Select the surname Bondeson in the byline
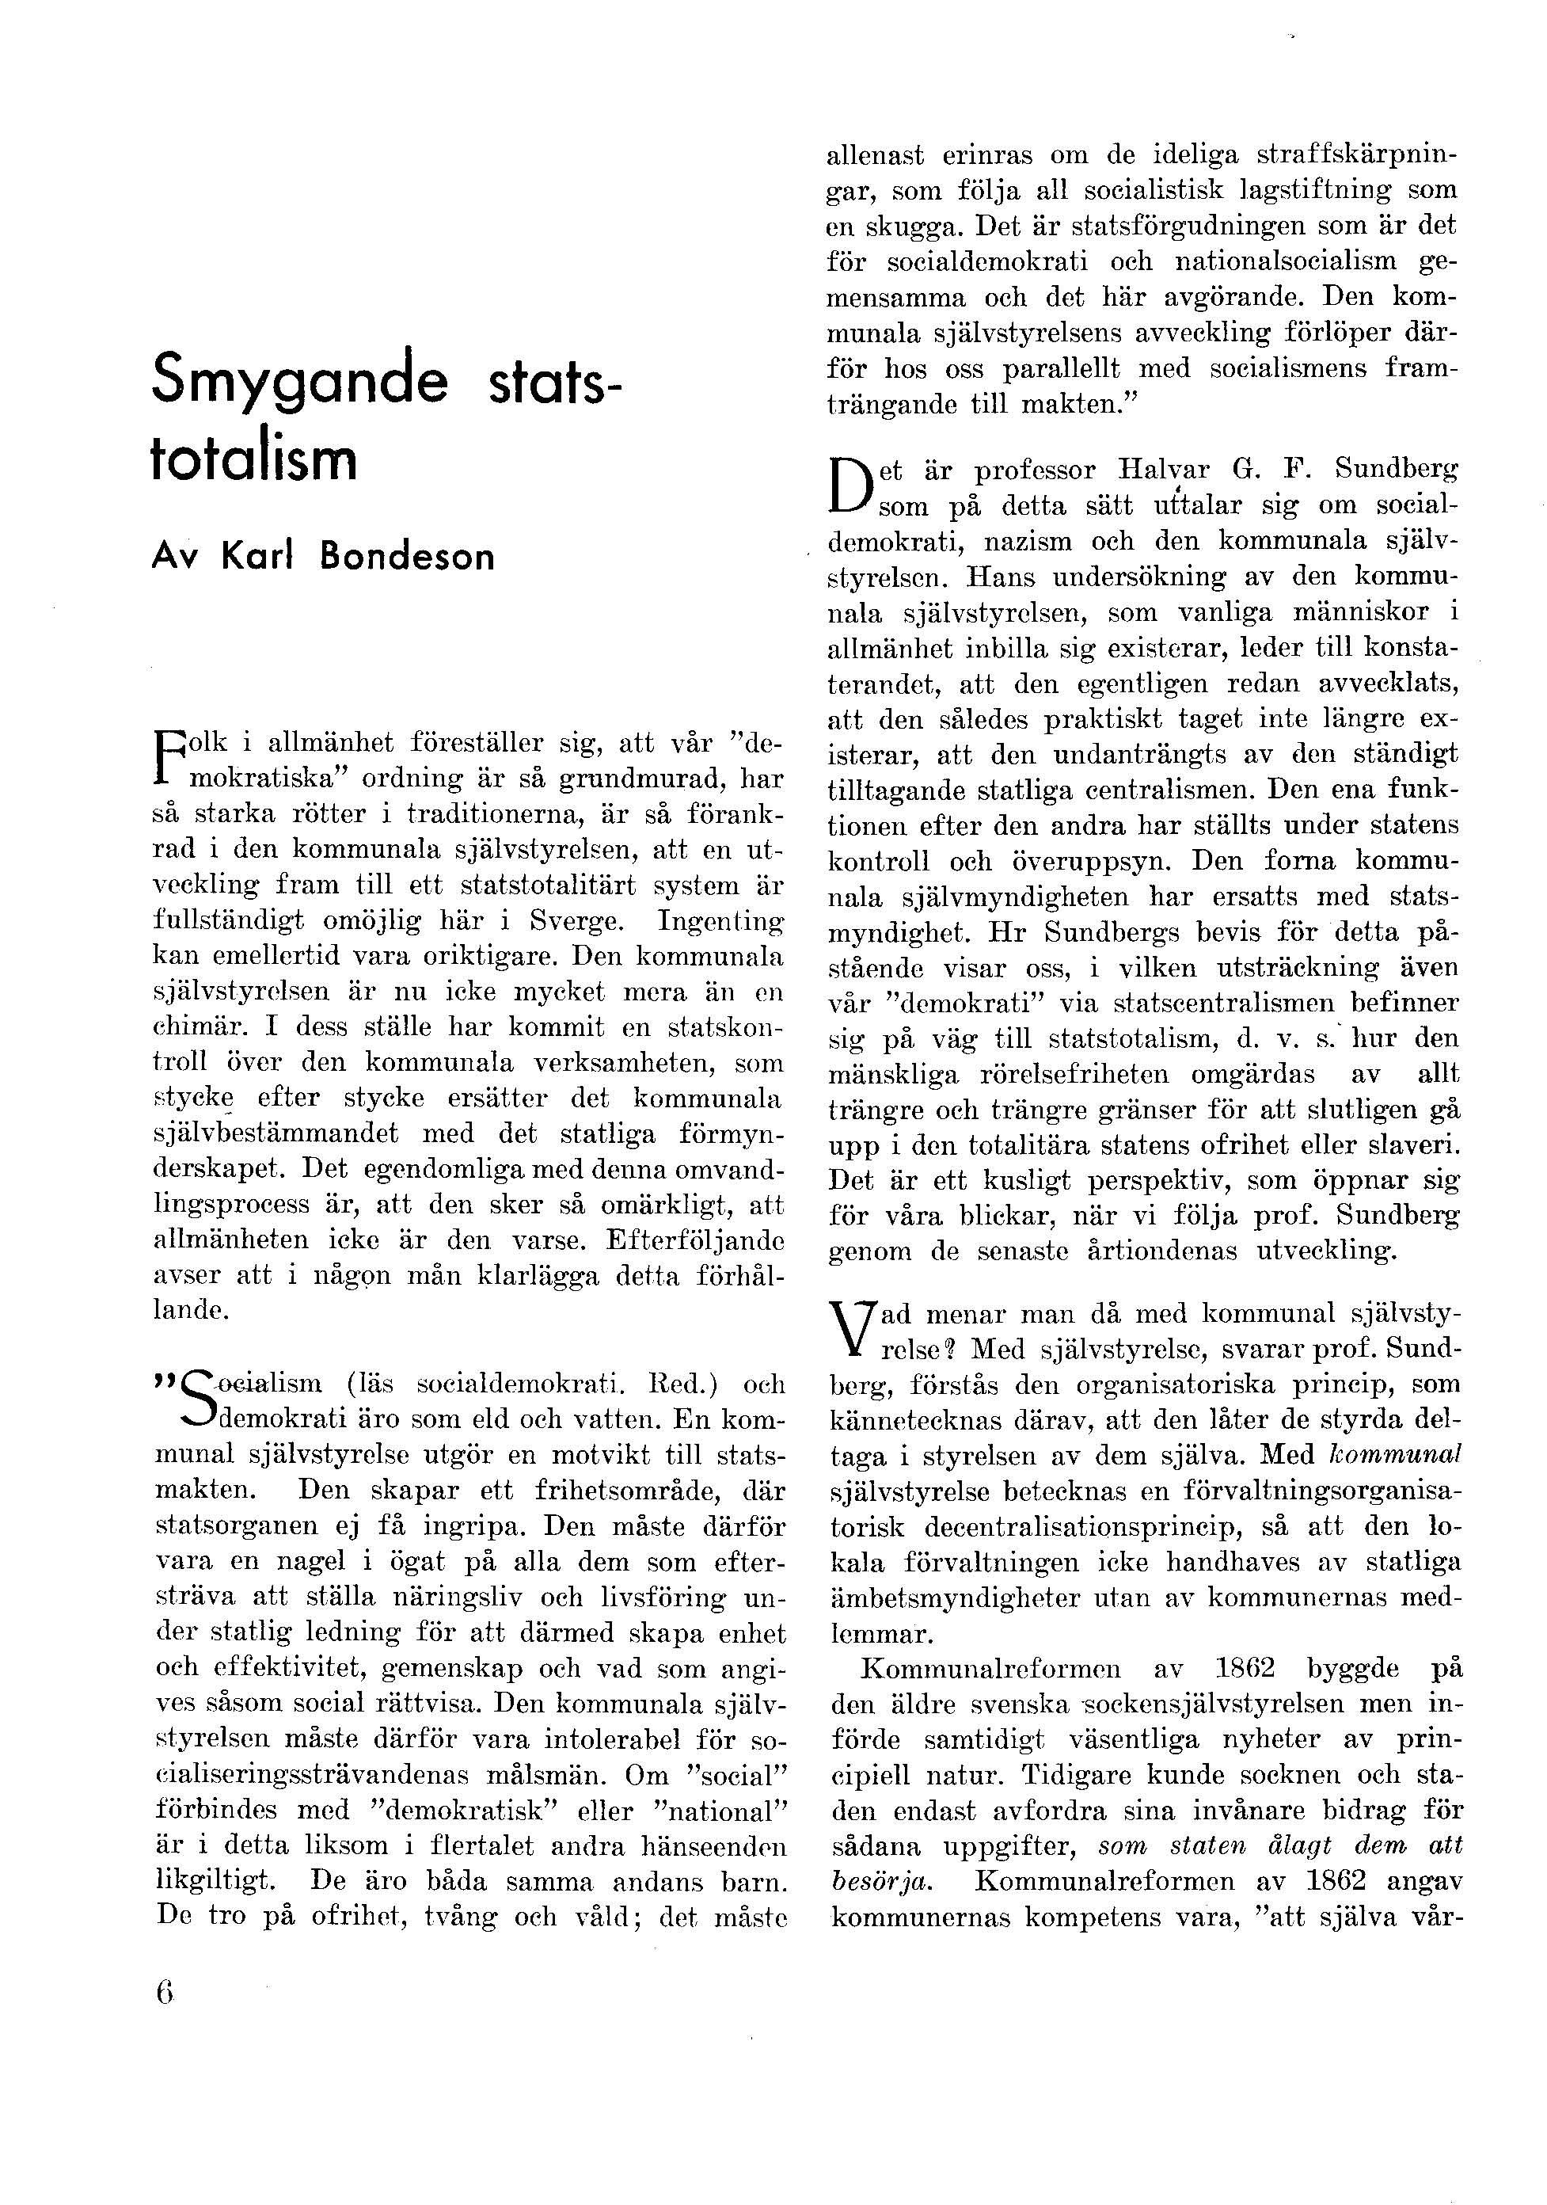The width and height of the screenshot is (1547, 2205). point(407,557)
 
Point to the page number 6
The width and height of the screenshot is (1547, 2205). point(162,1993)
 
